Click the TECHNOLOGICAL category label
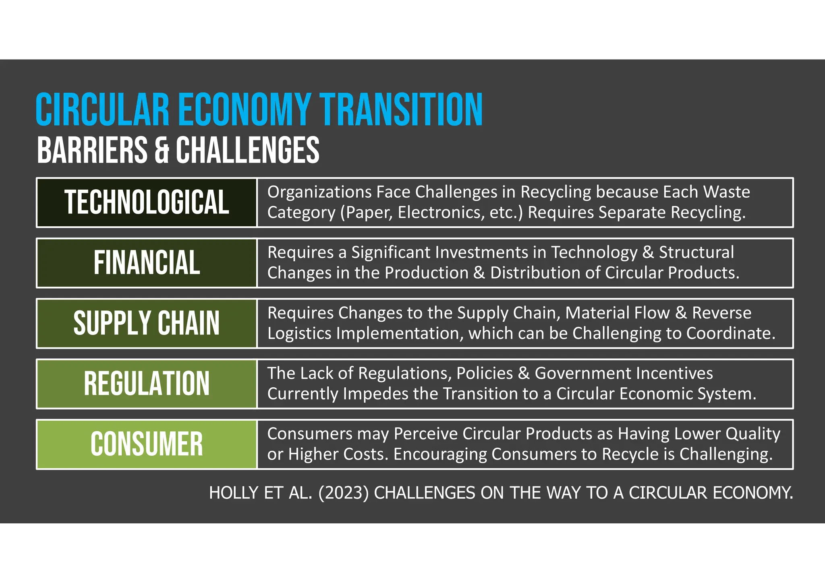click(147, 202)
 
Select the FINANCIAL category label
click(147, 263)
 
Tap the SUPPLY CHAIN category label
click(147, 323)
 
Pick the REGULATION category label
click(147, 383)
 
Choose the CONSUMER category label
click(147, 444)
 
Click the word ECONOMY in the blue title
click(244, 110)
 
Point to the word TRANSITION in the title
click(401, 110)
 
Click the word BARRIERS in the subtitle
click(92, 150)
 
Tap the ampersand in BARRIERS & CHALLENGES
click(162, 150)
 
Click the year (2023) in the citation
click(344, 493)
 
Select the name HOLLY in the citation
click(234, 493)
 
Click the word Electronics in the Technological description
click(441, 212)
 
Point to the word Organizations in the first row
click(319, 192)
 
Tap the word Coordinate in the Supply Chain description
click(730, 333)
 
